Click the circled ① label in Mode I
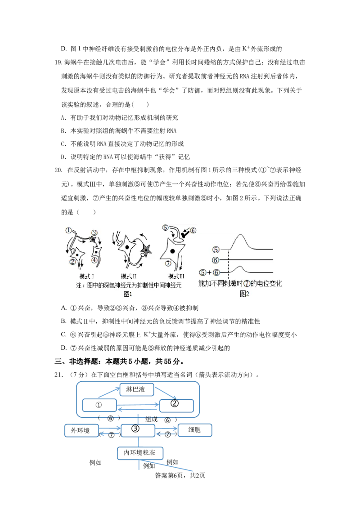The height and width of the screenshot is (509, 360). tap(68, 230)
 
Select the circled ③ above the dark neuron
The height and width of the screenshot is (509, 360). tap(94, 233)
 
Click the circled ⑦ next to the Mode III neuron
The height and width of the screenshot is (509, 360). tap(167, 263)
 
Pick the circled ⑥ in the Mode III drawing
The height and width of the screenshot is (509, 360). tap(193, 230)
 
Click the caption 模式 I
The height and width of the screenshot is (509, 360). tap(86, 276)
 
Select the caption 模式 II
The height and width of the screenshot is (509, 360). tap(130, 276)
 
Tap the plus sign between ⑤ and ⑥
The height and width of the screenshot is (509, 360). tap(209, 272)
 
